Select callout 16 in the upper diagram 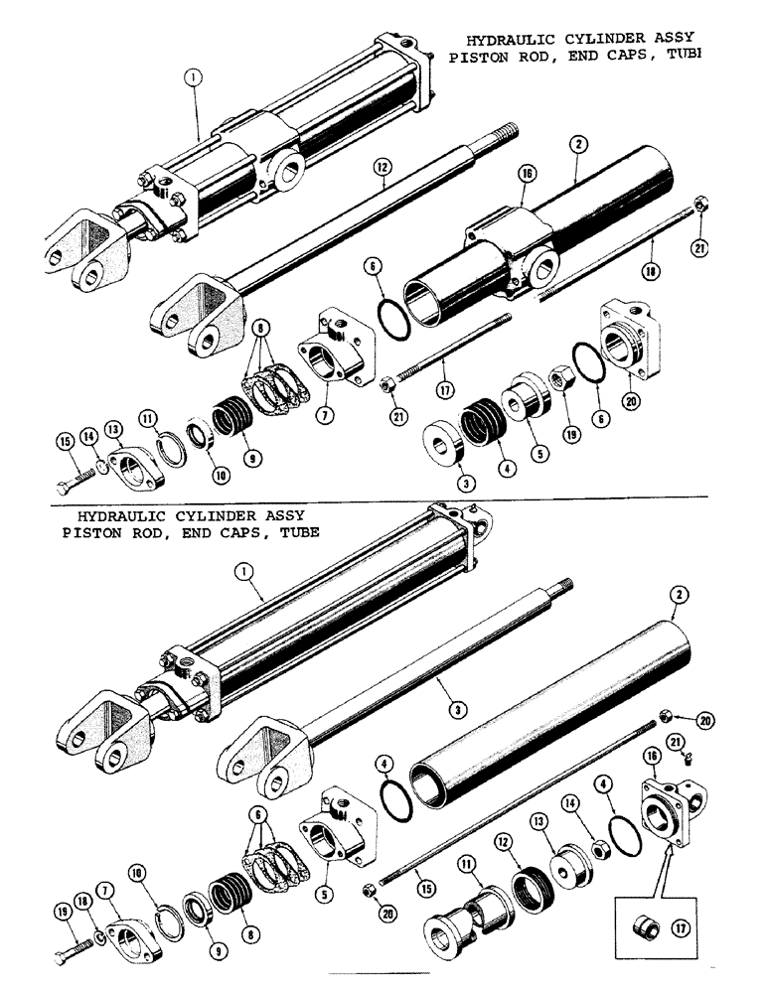526,173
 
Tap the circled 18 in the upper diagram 652,267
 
